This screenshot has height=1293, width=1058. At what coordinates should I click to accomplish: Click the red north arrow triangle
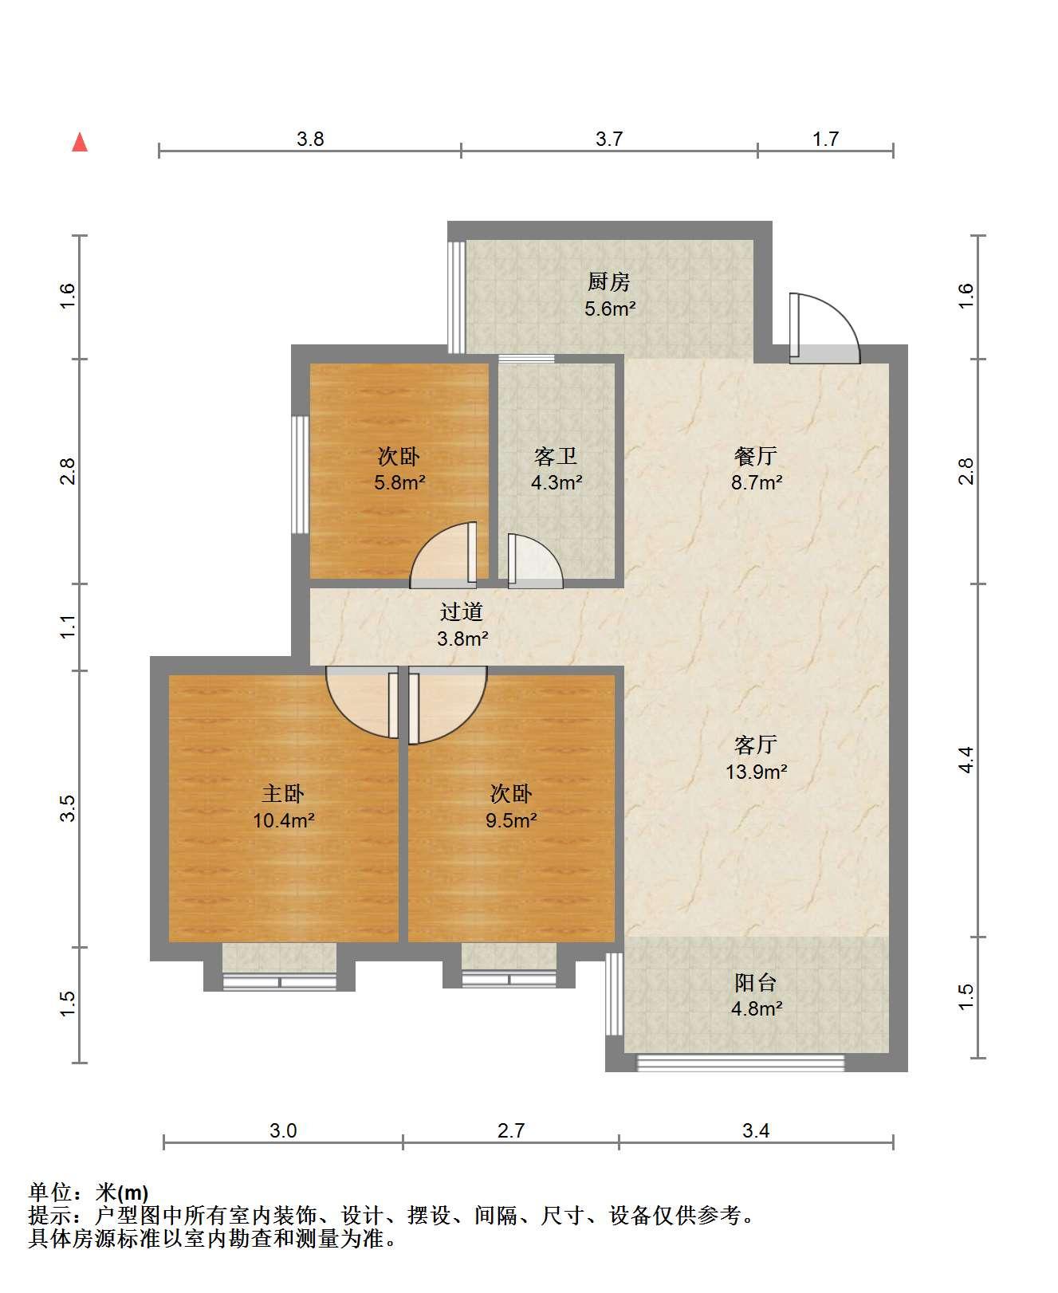(80, 143)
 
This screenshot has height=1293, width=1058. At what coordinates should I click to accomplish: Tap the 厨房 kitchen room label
(609, 282)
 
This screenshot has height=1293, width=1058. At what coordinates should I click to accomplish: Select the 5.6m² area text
(610, 309)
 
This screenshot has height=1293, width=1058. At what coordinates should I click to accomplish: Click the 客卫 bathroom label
(556, 457)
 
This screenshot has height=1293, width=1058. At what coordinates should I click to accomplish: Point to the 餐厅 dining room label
(756, 457)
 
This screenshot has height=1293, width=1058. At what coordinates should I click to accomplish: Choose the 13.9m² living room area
(756, 772)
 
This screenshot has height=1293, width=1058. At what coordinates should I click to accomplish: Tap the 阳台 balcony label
(756, 983)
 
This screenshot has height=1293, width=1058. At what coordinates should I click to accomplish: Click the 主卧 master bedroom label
(284, 794)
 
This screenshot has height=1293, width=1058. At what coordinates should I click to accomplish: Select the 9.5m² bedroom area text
(511, 820)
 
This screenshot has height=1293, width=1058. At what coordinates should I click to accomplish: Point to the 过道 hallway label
(462, 612)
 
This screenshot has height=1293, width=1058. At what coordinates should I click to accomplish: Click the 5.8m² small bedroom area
(399, 482)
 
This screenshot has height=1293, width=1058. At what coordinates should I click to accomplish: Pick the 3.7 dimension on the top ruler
(609, 139)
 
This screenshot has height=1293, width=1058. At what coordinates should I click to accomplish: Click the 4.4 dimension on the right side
(966, 760)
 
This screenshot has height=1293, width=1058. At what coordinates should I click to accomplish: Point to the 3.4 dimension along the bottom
(756, 1130)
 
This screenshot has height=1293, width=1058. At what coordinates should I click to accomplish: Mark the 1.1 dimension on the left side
(69, 627)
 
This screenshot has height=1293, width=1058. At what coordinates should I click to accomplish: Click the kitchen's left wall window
(456, 297)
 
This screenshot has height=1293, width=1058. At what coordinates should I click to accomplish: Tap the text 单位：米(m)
(88, 1193)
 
